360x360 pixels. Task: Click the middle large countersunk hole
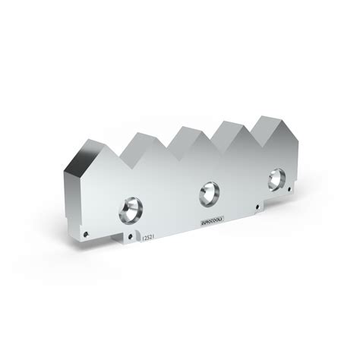point(208,193)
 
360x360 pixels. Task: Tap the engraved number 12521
point(148,238)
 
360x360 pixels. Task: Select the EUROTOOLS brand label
point(210,221)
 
